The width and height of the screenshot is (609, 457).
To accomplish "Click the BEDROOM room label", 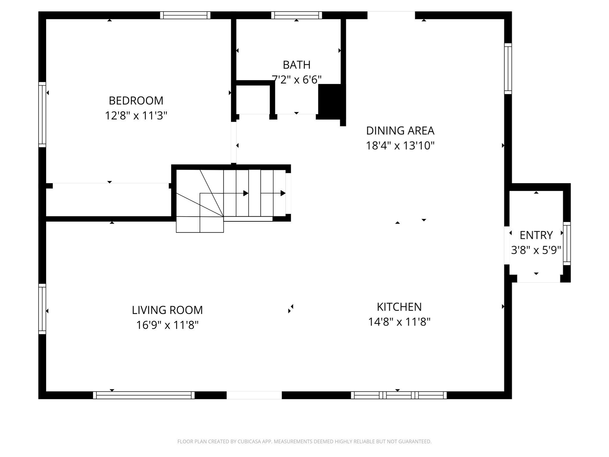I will (x=136, y=101).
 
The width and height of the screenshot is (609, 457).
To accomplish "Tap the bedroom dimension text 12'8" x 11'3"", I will (x=136, y=116).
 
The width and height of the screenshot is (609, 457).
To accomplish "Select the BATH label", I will (x=296, y=65).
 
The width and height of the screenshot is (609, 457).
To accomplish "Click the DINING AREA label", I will (x=400, y=131).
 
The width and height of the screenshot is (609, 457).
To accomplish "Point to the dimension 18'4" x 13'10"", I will (x=400, y=146).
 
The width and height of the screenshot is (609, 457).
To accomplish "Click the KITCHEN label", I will (x=399, y=307).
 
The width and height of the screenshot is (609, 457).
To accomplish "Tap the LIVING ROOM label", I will (x=167, y=310).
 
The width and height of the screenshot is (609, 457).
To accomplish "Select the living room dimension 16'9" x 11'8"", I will (x=167, y=325).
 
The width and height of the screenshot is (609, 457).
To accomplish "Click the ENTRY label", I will (x=536, y=235).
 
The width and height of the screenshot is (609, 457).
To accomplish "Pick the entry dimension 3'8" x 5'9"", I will (x=536, y=250).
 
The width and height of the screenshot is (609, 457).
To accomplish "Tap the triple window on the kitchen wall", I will (x=398, y=395).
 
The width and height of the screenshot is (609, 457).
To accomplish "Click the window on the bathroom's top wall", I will (x=296, y=15).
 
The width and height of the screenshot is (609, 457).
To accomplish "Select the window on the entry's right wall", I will (x=567, y=243).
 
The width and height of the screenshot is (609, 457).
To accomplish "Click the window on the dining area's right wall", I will (x=508, y=68).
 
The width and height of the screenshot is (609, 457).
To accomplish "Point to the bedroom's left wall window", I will (x=42, y=115).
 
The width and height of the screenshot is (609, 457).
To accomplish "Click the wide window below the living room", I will (x=144, y=395).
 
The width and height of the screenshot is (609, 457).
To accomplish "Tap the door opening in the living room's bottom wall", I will (x=254, y=395).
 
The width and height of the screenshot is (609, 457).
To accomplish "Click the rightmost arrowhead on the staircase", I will (x=283, y=193).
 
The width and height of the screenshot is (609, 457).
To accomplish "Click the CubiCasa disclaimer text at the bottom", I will (x=304, y=442).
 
